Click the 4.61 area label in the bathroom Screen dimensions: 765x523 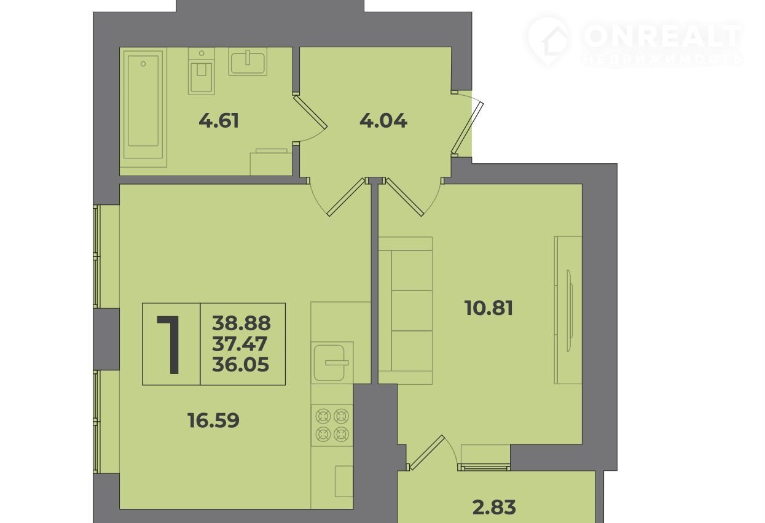[x=219, y=121]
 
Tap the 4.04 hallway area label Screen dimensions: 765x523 [x=383, y=121]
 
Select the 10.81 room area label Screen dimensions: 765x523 [x=488, y=308]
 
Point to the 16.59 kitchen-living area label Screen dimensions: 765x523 [x=213, y=420]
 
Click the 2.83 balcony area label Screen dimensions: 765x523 [x=494, y=507]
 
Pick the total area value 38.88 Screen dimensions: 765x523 [x=241, y=323]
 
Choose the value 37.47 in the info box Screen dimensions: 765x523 [x=240, y=344]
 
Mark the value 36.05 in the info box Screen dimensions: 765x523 [x=240, y=364]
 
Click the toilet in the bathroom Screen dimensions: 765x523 [x=202, y=71]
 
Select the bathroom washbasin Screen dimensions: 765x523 [x=248, y=61]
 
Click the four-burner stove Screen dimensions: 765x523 [x=332, y=425]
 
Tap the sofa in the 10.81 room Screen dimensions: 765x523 [x=406, y=311]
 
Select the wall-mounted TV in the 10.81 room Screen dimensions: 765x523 [x=569, y=311]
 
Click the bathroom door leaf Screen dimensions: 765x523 [x=310, y=112]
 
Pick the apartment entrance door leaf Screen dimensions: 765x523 [x=467, y=128]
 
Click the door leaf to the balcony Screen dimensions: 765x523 [x=426, y=452]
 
